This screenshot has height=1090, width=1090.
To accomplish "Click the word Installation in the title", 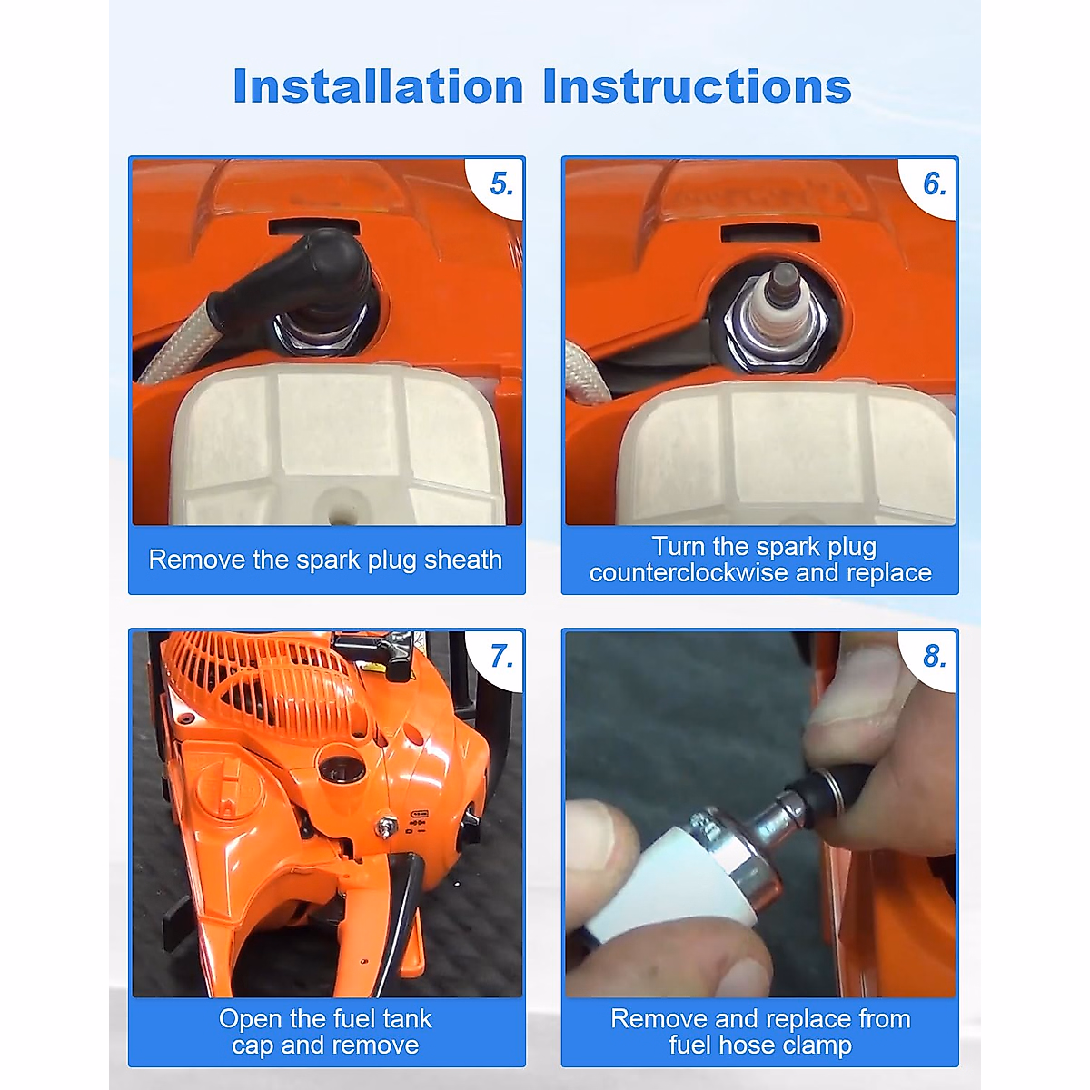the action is [x=378, y=86].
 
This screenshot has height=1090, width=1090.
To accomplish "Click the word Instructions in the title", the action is [x=697, y=86].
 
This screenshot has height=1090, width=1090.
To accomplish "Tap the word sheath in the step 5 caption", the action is [x=462, y=560].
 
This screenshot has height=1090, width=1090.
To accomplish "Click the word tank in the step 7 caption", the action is [x=407, y=1019].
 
